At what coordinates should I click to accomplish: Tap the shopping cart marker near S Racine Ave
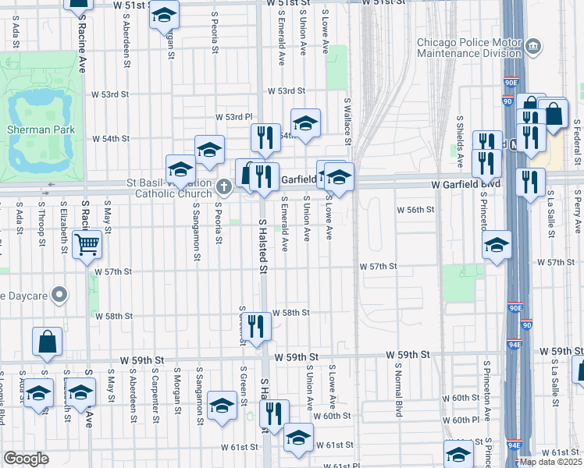pos(87,245)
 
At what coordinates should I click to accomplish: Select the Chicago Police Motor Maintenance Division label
pos(468,48)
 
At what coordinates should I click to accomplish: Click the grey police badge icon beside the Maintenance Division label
pos(534,46)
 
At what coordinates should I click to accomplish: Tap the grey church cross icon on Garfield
pos(225,186)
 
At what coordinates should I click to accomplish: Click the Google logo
pos(26,459)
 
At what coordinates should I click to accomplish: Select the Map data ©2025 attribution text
pos(550,462)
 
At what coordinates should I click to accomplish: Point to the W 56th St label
pos(415,210)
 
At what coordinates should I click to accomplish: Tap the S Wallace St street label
pos(348,121)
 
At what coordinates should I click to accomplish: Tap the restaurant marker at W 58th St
pos(255,328)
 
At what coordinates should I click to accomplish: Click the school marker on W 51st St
pos(164,16)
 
